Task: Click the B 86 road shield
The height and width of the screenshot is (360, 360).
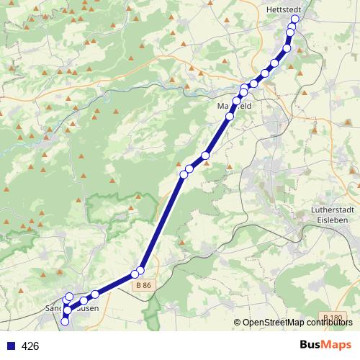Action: coord(143,286)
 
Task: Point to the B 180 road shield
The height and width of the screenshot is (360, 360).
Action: coord(333,318)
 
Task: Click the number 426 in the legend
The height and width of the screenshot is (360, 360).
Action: coord(30,346)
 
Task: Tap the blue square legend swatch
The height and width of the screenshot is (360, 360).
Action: coord(10,346)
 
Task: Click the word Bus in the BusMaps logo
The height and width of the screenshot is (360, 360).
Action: coord(312,346)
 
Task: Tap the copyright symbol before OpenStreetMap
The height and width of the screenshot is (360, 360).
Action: coord(238,322)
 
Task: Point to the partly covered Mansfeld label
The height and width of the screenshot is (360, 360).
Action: coord(235,106)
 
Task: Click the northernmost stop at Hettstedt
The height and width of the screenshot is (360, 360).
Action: coord(294,20)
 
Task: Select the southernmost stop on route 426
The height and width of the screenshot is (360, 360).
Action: coord(65,322)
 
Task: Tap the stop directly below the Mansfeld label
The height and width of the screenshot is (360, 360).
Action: coord(230,117)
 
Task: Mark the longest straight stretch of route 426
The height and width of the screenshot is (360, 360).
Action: coord(162,222)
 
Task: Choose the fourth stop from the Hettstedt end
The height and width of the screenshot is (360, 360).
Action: coord(287,49)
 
